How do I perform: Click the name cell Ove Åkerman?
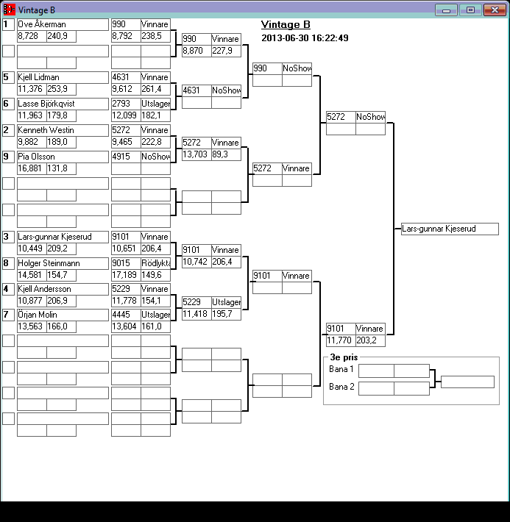click(63, 24)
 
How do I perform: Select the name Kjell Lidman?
click(63, 77)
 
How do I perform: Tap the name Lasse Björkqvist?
click(63, 104)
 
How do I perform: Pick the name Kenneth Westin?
click(63, 130)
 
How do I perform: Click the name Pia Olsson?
click(63, 157)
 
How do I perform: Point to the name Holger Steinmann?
click(63, 263)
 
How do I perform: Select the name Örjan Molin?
click(63, 315)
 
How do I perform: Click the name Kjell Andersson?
click(63, 289)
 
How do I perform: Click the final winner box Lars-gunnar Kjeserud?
click(450, 229)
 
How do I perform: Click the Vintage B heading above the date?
click(286, 25)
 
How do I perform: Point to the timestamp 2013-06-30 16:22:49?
click(305, 38)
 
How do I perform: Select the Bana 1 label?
click(341, 369)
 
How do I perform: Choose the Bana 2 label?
click(341, 387)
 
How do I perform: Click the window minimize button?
click(446, 10)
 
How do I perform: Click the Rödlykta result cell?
click(155, 263)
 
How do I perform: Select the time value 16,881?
click(32, 168)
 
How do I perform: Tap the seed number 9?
click(7, 157)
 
